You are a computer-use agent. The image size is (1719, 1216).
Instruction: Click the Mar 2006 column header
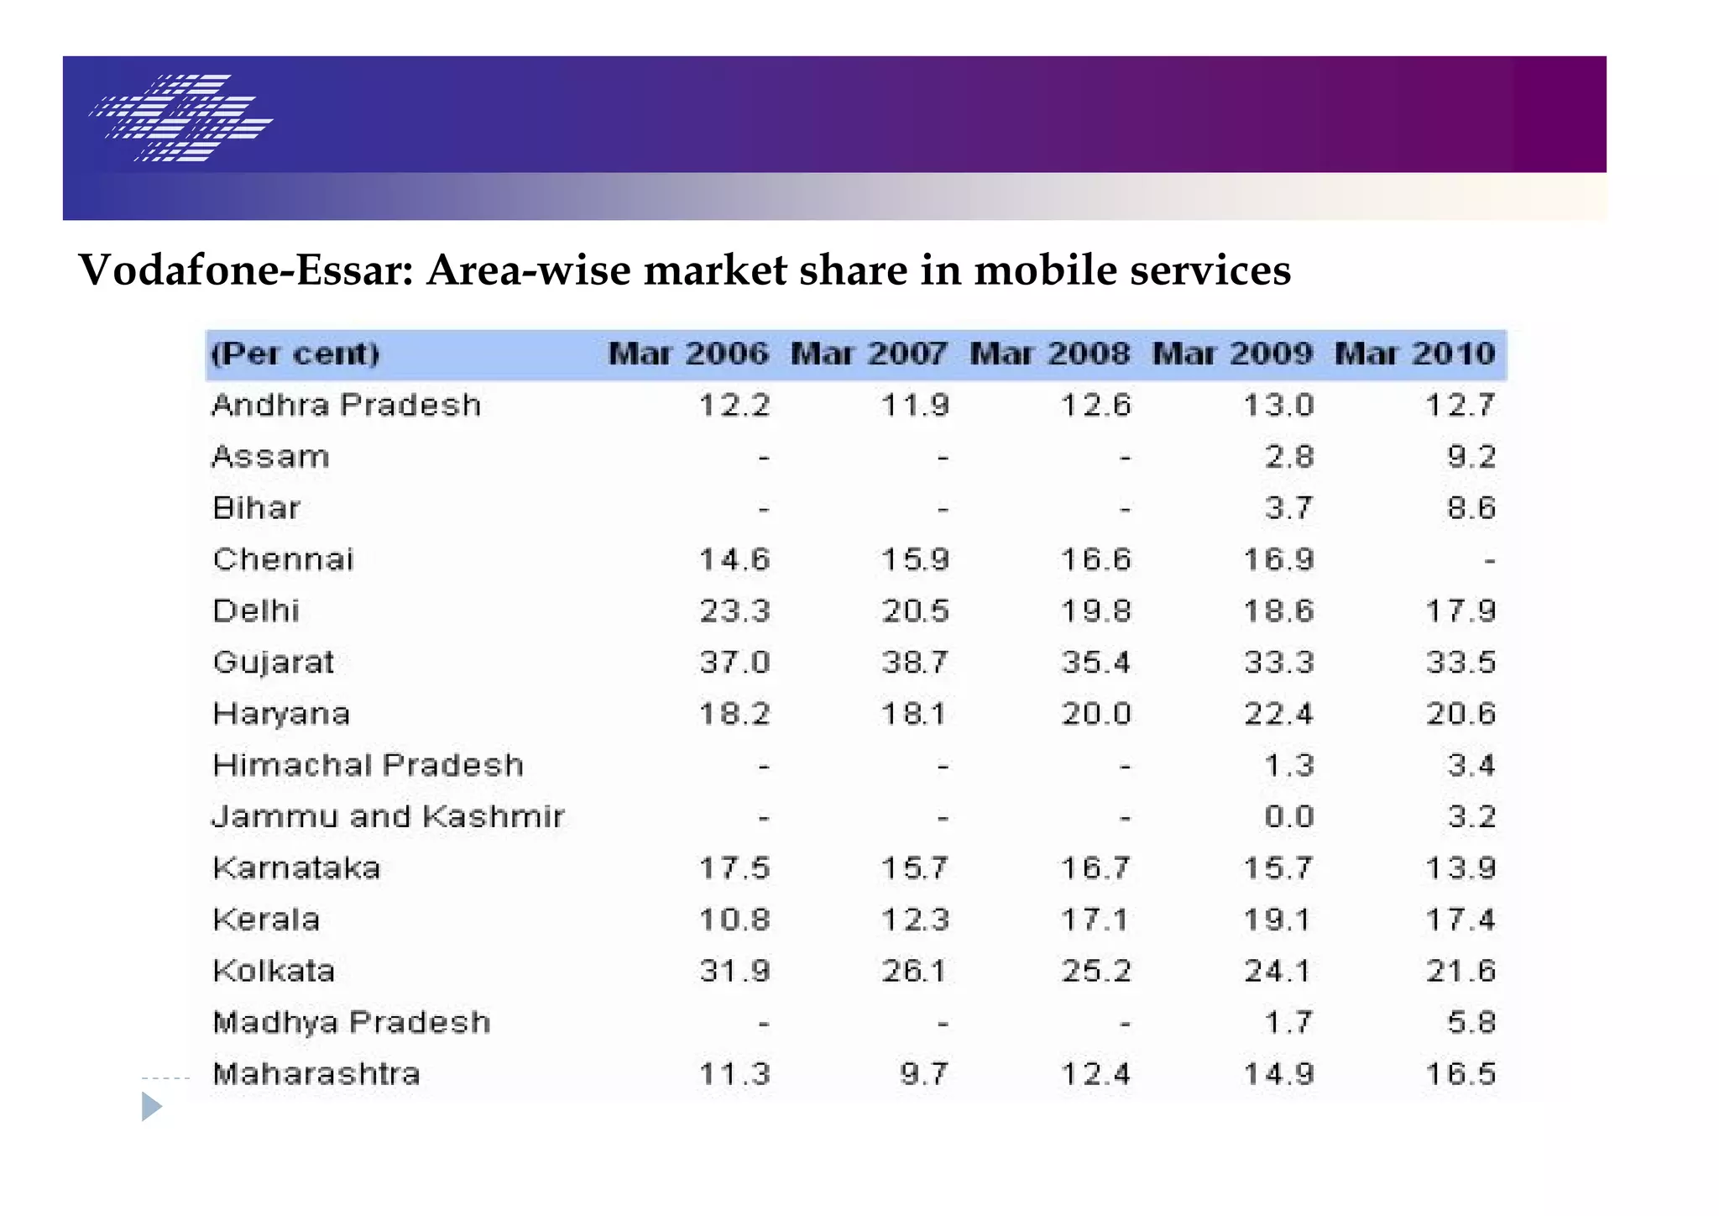(687, 354)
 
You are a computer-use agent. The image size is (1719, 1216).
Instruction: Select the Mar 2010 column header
(1414, 354)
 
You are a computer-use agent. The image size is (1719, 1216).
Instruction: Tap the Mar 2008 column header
(1050, 354)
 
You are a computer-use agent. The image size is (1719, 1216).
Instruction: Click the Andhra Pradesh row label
(347, 406)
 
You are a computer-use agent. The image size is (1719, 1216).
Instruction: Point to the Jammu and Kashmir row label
(388, 817)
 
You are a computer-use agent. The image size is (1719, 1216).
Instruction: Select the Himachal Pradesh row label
(368, 765)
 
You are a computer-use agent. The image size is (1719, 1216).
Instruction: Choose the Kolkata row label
(274, 972)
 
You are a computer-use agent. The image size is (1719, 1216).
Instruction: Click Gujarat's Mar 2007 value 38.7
(915, 663)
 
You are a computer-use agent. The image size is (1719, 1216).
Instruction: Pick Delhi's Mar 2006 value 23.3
(734, 611)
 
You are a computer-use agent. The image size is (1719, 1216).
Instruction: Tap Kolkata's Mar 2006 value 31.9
(734, 972)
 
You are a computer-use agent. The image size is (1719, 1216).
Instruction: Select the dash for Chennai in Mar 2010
(1489, 560)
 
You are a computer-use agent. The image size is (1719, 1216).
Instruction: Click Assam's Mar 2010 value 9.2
(1471, 457)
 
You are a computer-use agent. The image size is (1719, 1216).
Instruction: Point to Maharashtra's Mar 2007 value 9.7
(923, 1074)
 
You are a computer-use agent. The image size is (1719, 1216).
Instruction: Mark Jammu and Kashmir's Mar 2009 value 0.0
(1288, 817)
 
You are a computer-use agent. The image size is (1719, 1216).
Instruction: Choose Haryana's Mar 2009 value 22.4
(1278, 714)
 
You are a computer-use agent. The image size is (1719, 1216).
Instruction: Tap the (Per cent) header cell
(295, 354)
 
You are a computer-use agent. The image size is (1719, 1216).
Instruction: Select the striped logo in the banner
(181, 118)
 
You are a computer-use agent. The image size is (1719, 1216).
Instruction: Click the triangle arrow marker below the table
(151, 1106)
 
